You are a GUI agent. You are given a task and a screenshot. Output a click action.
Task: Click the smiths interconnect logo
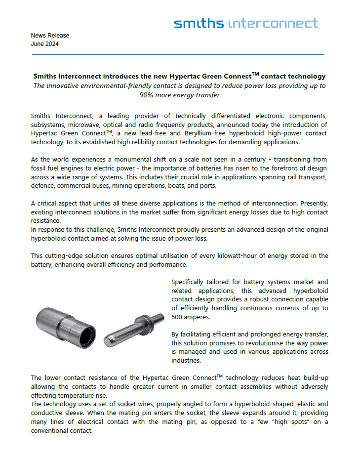coord(246,23)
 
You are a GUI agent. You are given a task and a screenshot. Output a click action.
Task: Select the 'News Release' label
coord(50,36)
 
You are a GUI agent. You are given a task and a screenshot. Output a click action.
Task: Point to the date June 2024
coord(44,44)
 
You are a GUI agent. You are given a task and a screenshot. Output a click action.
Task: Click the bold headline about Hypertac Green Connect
coord(179,77)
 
